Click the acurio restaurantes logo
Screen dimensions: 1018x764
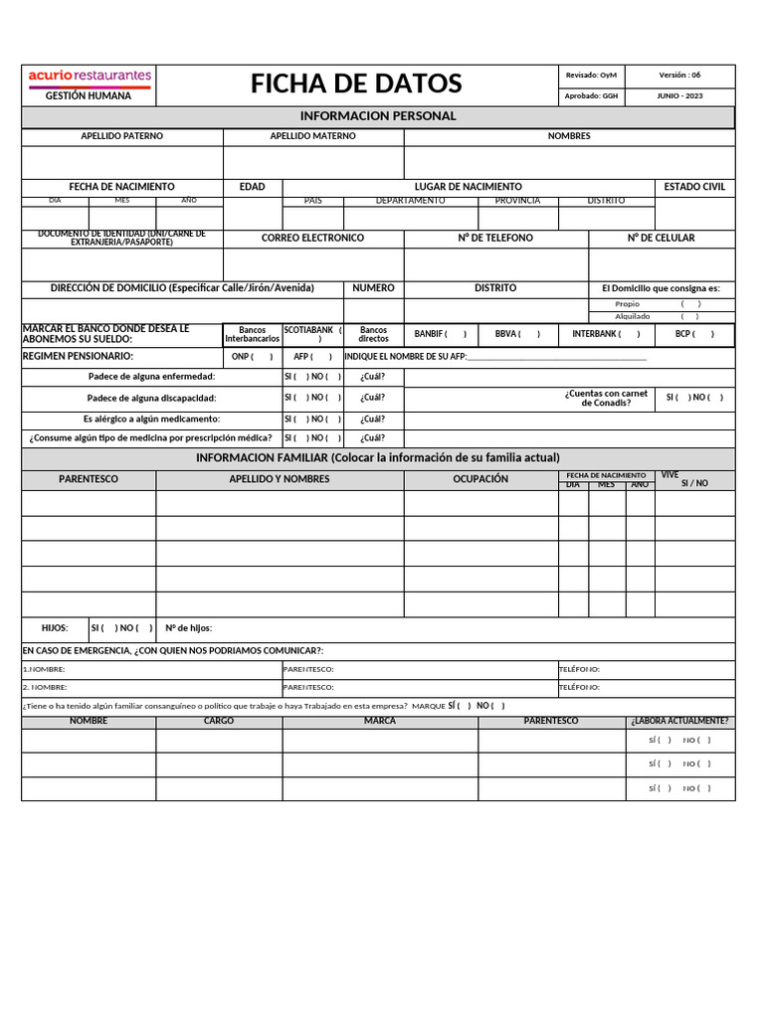pyautogui.click(x=89, y=75)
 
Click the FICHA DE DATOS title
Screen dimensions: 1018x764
pyautogui.click(x=356, y=84)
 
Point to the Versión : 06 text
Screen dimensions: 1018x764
pyautogui.click(x=679, y=75)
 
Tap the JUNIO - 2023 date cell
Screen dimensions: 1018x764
pyautogui.click(x=679, y=96)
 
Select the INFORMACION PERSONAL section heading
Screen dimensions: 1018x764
pyautogui.click(x=377, y=116)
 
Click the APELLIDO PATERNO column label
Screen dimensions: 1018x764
pyautogui.click(x=122, y=136)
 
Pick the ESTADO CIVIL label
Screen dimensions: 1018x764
pyautogui.click(x=694, y=187)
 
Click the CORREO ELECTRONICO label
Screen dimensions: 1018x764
pyautogui.click(x=312, y=239)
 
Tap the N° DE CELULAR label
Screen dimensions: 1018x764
pyautogui.click(x=661, y=239)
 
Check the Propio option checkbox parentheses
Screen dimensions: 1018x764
pyautogui.click(x=690, y=304)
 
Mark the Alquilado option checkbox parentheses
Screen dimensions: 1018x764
pyautogui.click(x=690, y=316)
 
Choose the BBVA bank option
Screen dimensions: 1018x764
pyautogui.click(x=517, y=335)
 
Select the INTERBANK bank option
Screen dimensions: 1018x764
pyautogui.click(x=599, y=335)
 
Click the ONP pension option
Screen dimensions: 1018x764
pyautogui.click(x=252, y=357)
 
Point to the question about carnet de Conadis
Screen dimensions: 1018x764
pyautogui.click(x=606, y=398)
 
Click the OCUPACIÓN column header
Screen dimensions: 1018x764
pyautogui.click(x=480, y=479)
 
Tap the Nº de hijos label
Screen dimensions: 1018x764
pyautogui.click(x=188, y=628)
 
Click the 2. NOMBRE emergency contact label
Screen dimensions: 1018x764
pyautogui.click(x=45, y=687)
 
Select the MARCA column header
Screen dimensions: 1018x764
pyautogui.click(x=379, y=721)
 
